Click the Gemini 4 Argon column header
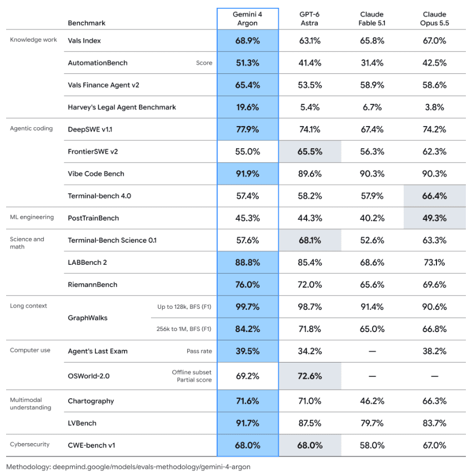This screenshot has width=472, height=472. [x=248, y=19]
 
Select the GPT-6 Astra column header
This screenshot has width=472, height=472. [x=309, y=19]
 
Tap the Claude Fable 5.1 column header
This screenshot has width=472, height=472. [x=371, y=19]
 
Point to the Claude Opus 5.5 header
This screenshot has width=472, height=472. [x=434, y=19]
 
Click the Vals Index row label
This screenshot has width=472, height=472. [x=84, y=41]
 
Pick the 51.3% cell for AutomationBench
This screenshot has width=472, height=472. [x=248, y=63]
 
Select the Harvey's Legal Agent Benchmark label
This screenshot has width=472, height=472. [x=122, y=107]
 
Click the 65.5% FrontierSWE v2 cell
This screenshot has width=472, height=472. [x=310, y=152]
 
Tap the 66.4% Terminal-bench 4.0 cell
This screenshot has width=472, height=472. [x=434, y=196]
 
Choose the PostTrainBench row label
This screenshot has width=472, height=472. [x=93, y=218]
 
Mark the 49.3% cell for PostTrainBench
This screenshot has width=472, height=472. [x=434, y=218]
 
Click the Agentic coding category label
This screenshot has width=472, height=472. [x=31, y=128]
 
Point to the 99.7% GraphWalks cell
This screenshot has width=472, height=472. [x=248, y=307]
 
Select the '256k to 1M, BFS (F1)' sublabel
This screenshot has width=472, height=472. [x=184, y=329]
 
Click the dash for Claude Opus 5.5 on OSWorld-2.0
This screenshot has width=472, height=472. [x=434, y=376]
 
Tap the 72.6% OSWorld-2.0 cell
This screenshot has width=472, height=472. [x=310, y=376]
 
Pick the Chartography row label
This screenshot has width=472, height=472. [x=91, y=401]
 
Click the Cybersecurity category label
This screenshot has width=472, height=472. [x=29, y=444]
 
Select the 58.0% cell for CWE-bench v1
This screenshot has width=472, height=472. [x=372, y=445]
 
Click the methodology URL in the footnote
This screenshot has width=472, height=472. [x=152, y=467]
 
